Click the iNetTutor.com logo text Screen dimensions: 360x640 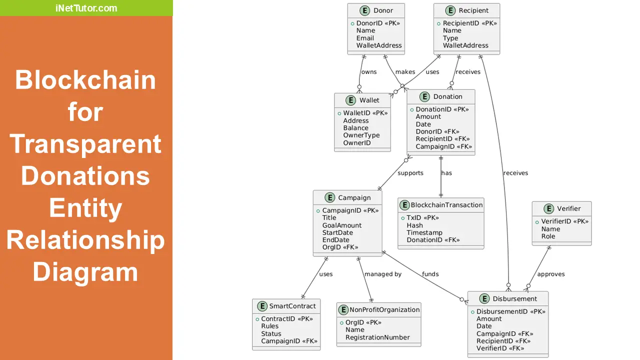[86, 8]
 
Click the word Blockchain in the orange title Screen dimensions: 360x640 [85, 80]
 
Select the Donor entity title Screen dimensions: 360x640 [383, 10]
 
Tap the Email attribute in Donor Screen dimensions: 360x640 [365, 38]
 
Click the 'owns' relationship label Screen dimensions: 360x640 [369, 72]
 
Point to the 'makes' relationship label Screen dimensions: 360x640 [405, 72]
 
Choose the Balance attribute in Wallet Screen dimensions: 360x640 [355, 128]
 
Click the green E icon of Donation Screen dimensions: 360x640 [425, 96]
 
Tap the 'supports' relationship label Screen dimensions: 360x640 [410, 173]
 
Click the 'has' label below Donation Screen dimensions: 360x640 [446, 173]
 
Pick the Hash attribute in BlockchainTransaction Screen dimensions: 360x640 [414, 225]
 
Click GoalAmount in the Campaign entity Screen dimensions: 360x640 [341, 225]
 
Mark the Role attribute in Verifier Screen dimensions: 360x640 [548, 236]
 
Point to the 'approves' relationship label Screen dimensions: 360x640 [551, 274]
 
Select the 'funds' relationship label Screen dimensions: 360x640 [430, 274]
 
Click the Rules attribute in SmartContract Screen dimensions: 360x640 [269, 326]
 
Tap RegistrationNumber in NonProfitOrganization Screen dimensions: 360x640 [377, 337]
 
